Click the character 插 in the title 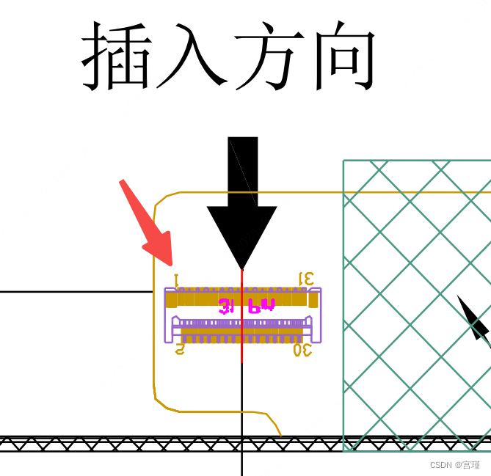[x=115, y=56]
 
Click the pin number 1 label [x=176, y=279]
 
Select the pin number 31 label [x=306, y=279]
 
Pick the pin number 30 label [x=302, y=350]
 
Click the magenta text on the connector [x=247, y=306]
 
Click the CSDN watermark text [x=454, y=465]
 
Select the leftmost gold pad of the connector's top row [x=171, y=300]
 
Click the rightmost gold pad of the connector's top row [x=313, y=300]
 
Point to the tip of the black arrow [x=241, y=268]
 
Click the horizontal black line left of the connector [x=73, y=292]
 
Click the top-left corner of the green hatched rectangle [x=343, y=161]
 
